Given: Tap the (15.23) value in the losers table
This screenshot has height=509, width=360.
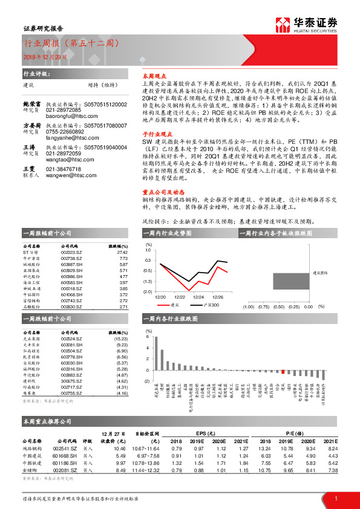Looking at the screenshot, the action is tap(121, 339).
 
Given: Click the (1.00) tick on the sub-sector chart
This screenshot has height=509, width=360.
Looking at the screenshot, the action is tap(247, 307).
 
